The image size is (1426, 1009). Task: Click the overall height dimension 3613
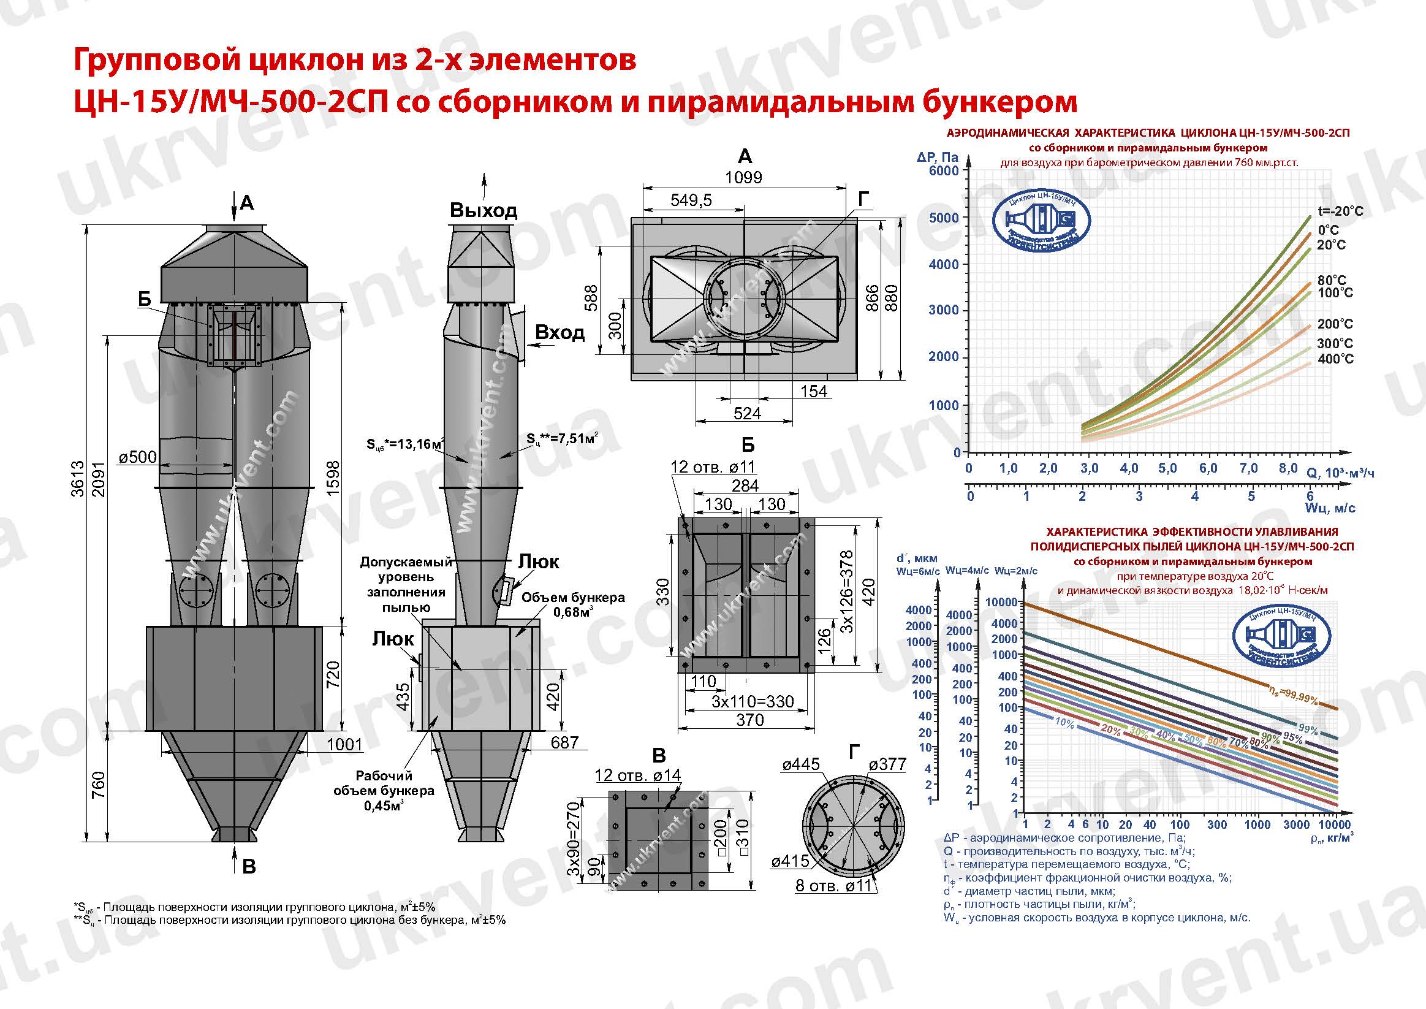pyautogui.click(x=78, y=478)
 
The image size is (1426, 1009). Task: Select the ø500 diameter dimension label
pyautogui.click(x=137, y=457)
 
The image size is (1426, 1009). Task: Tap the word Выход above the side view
pyautogui.click(x=484, y=211)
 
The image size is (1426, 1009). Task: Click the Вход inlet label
pyautogui.click(x=559, y=333)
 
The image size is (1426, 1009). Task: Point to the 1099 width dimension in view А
pyautogui.click(x=743, y=178)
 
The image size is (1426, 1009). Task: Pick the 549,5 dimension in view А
pyautogui.click(x=691, y=200)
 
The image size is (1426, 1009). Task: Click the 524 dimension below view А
pyautogui.click(x=746, y=414)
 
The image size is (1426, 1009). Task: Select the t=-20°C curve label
pyautogui.click(x=1340, y=211)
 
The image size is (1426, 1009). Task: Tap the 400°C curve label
pyautogui.click(x=1335, y=359)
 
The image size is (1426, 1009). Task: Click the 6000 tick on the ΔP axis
pyautogui.click(x=944, y=171)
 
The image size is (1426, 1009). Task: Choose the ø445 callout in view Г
pyautogui.click(x=801, y=764)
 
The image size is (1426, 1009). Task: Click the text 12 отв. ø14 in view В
pyautogui.click(x=637, y=775)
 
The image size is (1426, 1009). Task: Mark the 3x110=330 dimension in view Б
pyautogui.click(x=752, y=701)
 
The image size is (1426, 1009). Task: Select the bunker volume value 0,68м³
pyautogui.click(x=572, y=612)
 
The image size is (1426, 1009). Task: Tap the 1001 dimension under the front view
pyautogui.click(x=344, y=744)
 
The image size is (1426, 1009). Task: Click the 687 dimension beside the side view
pyautogui.click(x=564, y=742)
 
